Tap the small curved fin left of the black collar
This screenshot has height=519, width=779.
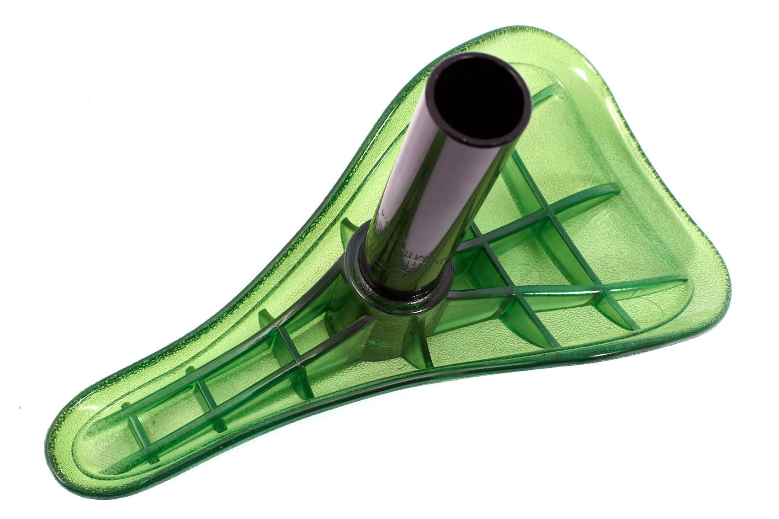point(347,228)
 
